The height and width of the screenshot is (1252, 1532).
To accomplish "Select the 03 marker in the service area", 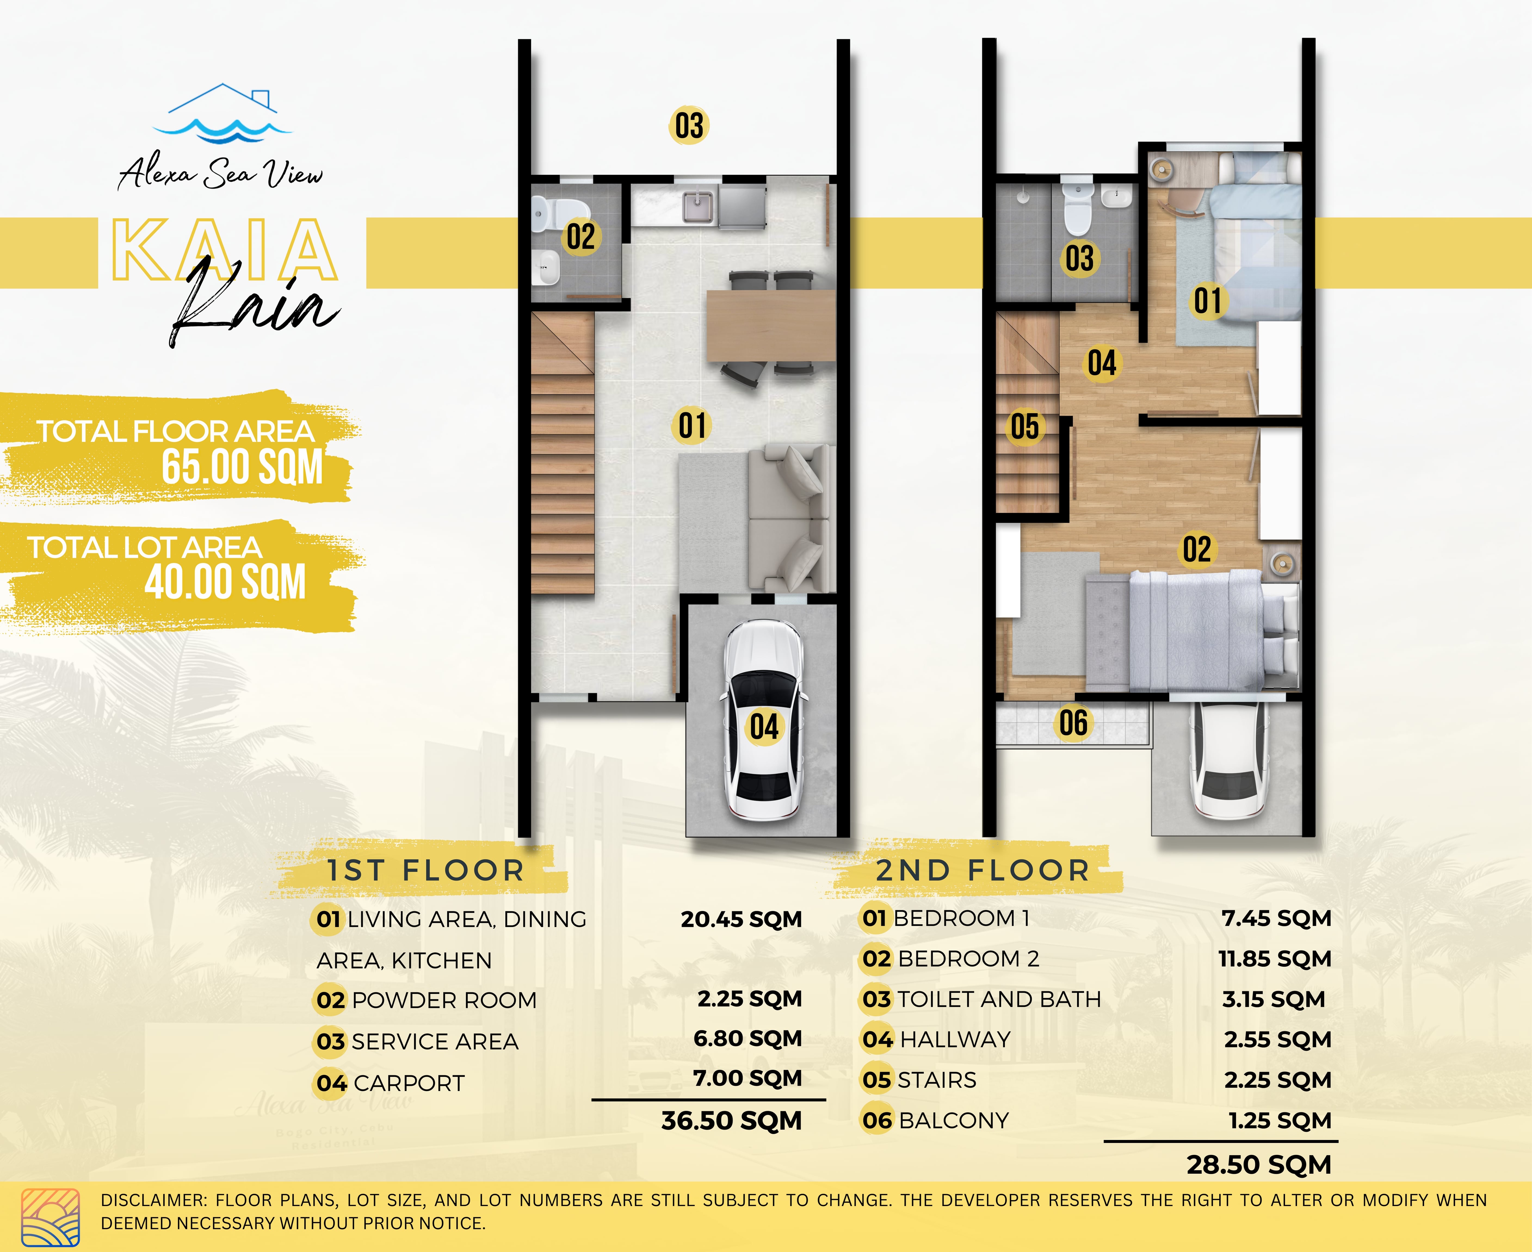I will point(689,125).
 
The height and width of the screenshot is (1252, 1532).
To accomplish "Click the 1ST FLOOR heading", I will point(425,870).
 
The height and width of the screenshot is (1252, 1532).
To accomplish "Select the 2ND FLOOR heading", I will point(982,870).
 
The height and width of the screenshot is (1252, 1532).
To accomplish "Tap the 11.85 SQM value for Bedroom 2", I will point(1274,959).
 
